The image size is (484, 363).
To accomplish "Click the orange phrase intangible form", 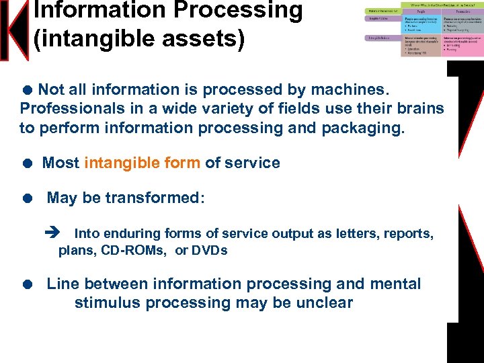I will click(142, 163).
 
